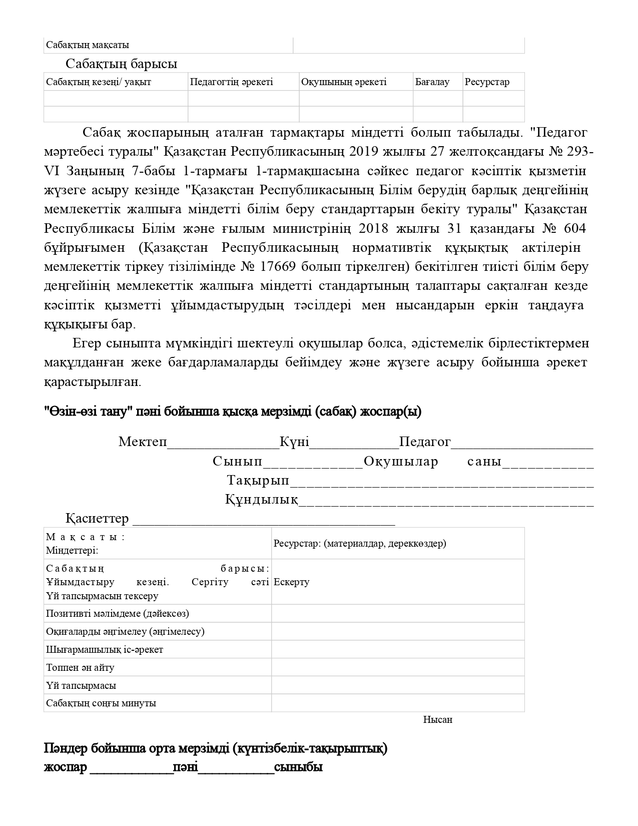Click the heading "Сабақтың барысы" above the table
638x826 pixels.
121,64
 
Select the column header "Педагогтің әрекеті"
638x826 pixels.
231,82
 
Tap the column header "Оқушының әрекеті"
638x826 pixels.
343,82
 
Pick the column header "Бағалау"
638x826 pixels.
432,82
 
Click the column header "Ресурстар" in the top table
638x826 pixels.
486,82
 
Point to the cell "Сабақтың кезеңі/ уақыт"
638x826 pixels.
99,82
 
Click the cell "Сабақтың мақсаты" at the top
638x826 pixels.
88,45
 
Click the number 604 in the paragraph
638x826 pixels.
574,229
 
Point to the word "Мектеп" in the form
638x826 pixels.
142,442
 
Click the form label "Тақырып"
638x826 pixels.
258,480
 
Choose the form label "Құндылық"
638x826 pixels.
261,500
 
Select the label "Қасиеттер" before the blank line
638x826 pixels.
97,519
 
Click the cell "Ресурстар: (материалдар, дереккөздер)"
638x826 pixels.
360,543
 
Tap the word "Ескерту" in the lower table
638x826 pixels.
292,582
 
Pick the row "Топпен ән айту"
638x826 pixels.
80,667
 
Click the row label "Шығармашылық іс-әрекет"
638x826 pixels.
105,649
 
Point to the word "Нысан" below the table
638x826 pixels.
437,720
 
